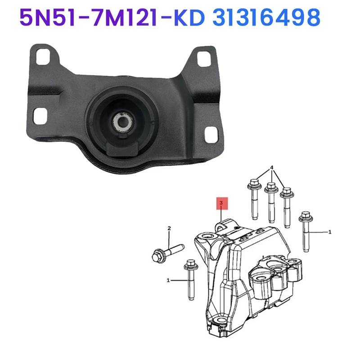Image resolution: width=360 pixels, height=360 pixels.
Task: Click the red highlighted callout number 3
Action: click(x=221, y=203)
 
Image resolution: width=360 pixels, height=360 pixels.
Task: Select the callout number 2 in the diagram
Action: click(x=169, y=229)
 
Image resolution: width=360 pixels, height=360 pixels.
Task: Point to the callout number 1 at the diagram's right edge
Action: click(x=330, y=232)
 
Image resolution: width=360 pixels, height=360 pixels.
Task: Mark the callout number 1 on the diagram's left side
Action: click(x=168, y=280)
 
